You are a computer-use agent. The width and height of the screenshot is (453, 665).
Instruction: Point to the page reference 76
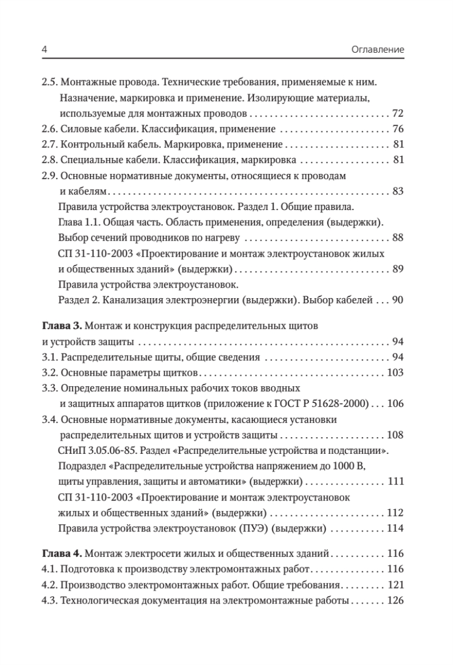point(398,130)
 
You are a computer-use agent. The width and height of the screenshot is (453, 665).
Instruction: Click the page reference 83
point(398,192)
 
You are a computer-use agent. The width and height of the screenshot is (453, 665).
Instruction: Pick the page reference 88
point(398,238)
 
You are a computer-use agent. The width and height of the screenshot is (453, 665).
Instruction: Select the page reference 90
point(398,300)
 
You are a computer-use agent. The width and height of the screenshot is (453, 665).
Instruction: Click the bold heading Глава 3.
point(62,325)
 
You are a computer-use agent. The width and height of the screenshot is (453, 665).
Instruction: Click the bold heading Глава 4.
point(62,553)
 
